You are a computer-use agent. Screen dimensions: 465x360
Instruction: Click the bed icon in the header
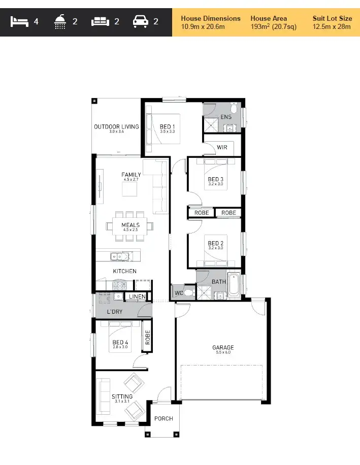pos(19,22)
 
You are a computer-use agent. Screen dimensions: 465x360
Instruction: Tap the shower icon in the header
pos(60,22)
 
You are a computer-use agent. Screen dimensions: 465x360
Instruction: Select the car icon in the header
pos(140,22)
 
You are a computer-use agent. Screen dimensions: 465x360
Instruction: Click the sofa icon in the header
pos(100,22)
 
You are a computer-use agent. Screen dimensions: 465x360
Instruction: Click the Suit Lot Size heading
pos(332,18)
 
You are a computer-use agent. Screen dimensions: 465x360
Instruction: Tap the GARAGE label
pos(223,348)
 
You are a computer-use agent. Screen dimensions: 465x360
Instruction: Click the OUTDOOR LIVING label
pos(116,126)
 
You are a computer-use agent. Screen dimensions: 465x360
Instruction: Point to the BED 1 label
pos(167,126)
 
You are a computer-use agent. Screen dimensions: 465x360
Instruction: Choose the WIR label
pos(222,147)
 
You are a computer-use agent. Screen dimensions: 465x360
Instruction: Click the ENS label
pos(226,117)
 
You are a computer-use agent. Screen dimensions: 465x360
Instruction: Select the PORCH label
pos(163,419)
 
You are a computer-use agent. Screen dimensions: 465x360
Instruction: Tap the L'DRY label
pos(114,312)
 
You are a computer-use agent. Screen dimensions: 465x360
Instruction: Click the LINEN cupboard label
pos(137,296)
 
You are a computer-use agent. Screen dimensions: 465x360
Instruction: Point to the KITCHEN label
pos(124,271)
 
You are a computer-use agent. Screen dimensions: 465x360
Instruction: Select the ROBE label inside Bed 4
pos(148,338)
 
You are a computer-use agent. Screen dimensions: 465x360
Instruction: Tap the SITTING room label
pos(122,396)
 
